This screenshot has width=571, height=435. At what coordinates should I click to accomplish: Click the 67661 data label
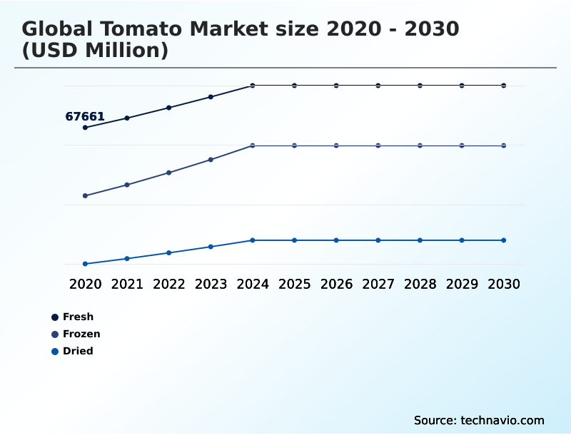tap(85, 116)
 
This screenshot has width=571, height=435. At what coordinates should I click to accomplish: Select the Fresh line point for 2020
tap(85, 128)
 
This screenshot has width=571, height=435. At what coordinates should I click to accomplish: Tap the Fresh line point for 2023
tap(211, 97)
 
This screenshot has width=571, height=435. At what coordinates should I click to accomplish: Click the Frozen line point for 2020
tap(85, 195)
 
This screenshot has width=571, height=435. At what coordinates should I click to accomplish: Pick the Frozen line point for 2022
tap(169, 173)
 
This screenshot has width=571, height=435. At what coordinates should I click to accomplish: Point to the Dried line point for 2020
tap(85, 264)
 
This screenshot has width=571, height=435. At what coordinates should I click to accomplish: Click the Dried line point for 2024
tap(253, 240)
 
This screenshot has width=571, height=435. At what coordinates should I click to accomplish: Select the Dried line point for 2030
tap(504, 240)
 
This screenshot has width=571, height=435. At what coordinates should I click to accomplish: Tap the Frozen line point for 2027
tap(378, 145)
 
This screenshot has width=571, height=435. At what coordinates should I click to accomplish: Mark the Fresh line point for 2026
tap(336, 86)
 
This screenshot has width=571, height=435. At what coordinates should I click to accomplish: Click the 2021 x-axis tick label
tap(127, 284)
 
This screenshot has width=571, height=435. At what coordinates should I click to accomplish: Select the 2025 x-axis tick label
tap(294, 284)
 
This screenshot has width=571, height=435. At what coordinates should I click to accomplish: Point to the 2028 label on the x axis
tap(420, 284)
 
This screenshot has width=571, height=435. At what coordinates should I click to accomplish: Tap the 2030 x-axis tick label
tap(504, 284)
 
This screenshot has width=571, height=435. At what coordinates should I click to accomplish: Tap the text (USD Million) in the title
tap(95, 51)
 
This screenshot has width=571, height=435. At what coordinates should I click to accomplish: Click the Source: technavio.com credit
tap(479, 420)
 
